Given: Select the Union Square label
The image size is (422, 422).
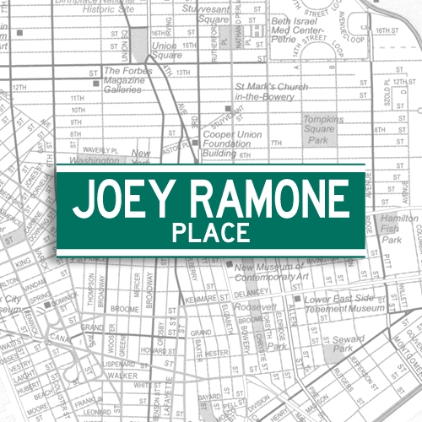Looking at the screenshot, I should [x=165, y=50].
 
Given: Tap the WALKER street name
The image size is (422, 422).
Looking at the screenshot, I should [x=123, y=374].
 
